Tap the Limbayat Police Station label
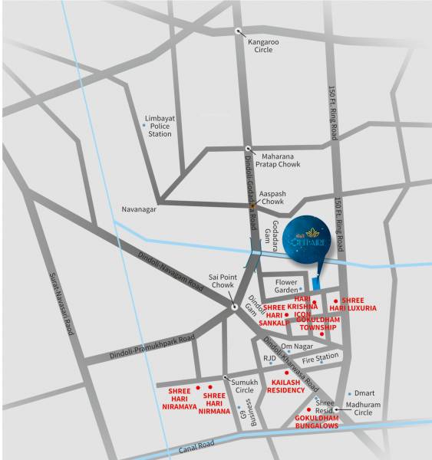point(160,127)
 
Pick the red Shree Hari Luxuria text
point(358,304)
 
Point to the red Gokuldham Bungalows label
point(317,422)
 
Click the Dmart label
point(364,393)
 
